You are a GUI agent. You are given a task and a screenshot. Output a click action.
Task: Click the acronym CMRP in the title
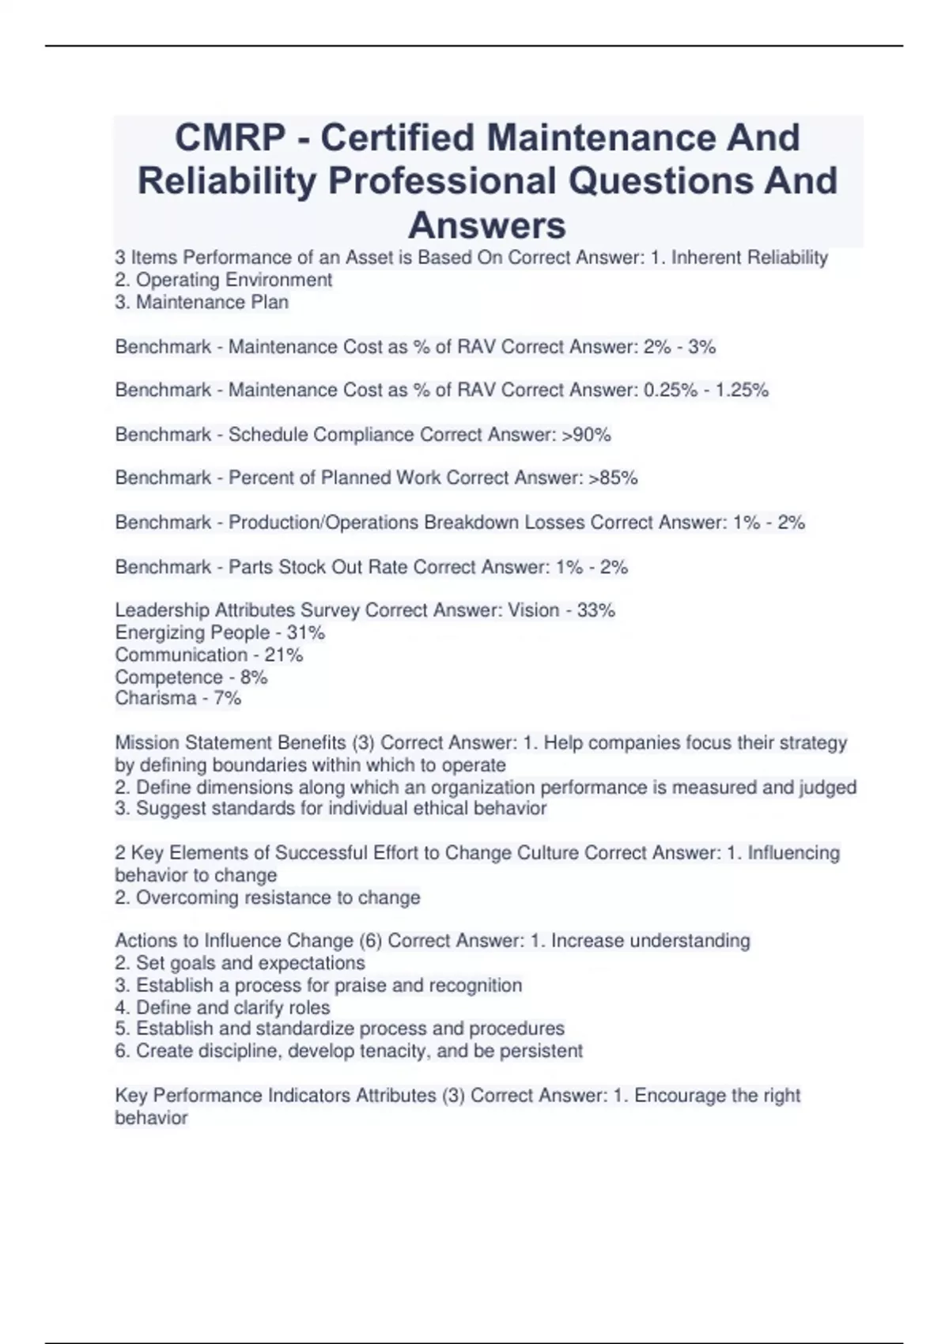tap(229, 138)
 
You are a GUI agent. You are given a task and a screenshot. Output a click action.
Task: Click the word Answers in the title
tap(487, 225)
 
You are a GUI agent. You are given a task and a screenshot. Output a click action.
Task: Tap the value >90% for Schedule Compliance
tap(586, 435)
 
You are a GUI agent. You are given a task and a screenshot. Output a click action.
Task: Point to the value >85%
tap(614, 478)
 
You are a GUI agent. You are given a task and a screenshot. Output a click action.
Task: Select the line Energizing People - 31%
tap(220, 632)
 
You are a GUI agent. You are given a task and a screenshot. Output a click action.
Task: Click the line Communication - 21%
tap(209, 655)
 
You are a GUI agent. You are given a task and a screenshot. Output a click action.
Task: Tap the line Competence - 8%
tap(191, 677)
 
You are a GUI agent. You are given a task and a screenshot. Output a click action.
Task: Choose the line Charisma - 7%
tap(178, 698)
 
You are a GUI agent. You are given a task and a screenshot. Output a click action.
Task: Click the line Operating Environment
tap(224, 280)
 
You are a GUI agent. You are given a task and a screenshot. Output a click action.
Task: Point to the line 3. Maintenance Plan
tap(202, 302)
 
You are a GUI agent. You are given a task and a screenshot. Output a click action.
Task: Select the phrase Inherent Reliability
tap(749, 258)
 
